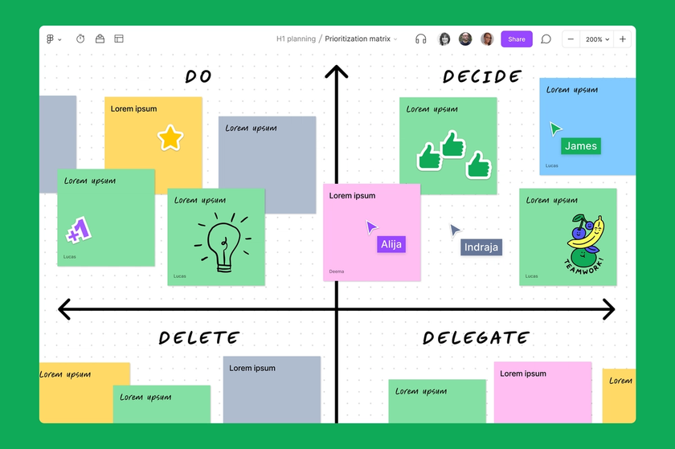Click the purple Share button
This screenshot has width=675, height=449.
tap(516, 39)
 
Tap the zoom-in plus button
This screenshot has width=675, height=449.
tap(623, 39)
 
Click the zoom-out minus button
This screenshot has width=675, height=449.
tap(571, 39)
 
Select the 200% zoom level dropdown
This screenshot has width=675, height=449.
tap(596, 39)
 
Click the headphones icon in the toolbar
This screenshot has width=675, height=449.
tap(420, 39)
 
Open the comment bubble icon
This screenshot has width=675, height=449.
tap(546, 39)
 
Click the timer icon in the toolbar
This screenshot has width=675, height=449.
tap(80, 39)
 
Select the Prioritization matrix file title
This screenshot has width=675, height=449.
tap(358, 39)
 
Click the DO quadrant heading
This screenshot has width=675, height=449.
tap(198, 77)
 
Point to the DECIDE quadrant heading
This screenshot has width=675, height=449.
tap(482, 77)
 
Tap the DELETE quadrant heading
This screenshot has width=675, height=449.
tap(198, 338)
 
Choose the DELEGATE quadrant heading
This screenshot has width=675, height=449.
tap(476, 338)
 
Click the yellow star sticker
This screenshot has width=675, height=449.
tap(170, 137)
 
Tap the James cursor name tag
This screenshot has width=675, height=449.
tap(581, 146)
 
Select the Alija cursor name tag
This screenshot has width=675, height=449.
tap(391, 244)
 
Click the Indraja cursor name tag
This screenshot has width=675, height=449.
tap(481, 247)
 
